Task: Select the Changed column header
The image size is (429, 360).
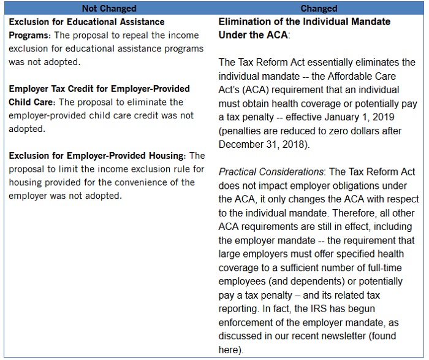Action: [319, 9]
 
